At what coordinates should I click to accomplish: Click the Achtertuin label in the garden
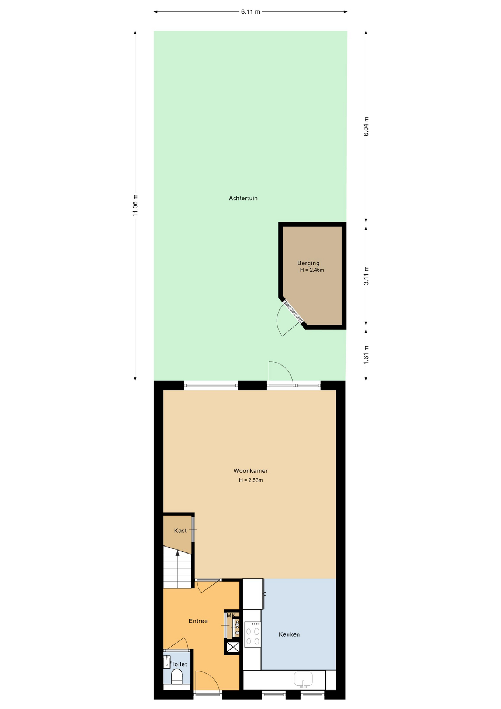pos(243,198)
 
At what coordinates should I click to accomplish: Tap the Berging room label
pos(308,263)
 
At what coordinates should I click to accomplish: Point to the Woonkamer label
pos(251,471)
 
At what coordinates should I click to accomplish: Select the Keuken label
pos(289,634)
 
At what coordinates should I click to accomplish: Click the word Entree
pos(198,621)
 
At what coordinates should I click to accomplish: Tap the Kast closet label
pos(180,531)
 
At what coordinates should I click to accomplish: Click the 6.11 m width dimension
pos(251,12)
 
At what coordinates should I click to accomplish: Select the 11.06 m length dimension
pos(135,205)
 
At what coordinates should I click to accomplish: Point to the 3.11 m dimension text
pos(366,275)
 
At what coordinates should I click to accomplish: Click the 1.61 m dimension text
pos(366,355)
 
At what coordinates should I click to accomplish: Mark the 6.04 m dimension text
pos(366,126)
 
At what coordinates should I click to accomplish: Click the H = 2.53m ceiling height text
pos(251,480)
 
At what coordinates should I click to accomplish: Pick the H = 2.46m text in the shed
pos(312,270)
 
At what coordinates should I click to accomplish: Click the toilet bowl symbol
pos(177,677)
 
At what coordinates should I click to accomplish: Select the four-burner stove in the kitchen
pos(253,634)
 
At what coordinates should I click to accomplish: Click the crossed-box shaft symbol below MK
pos(233,647)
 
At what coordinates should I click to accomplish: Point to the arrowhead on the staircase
pos(177,553)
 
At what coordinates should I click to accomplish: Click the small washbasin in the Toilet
pos(167,662)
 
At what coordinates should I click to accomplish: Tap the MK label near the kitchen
pos(231,616)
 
